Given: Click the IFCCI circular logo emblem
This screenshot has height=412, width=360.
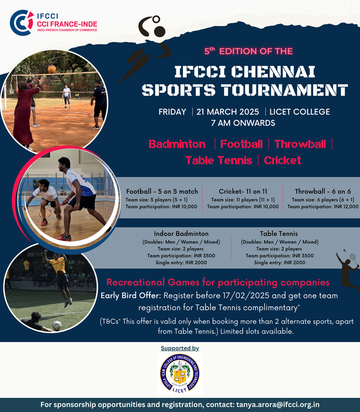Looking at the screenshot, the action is pos(22,23).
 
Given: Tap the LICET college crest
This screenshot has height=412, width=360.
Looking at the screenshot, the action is pos(180,374).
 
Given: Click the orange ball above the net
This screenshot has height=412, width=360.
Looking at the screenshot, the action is pos(52,69).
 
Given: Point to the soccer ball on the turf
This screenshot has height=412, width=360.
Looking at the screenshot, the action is pos(57,326).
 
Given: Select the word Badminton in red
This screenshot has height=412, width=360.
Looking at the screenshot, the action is pos(177,144).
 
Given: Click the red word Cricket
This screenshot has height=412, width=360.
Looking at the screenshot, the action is pos(282,160).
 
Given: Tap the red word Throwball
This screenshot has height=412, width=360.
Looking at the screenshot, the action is pos(300,144).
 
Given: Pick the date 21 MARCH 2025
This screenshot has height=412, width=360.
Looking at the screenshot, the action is pos(227,112).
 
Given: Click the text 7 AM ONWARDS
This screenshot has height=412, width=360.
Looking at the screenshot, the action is pos(243,122).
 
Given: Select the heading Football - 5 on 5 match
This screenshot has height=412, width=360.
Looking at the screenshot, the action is pos(162,191).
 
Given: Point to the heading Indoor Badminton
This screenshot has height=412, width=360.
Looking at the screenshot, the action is pos(181,234).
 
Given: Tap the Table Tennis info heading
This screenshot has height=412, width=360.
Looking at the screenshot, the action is pos(279,234).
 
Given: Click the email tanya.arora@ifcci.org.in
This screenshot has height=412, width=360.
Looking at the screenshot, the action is pos(278,404).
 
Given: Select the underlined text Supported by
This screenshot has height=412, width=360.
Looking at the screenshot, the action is pos(180,348).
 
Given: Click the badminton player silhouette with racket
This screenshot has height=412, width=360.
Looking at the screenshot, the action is pos(347,269).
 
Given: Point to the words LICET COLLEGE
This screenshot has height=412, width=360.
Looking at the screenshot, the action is pos(300,112).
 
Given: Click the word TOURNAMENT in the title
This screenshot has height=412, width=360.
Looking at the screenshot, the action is pos(285,90).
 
